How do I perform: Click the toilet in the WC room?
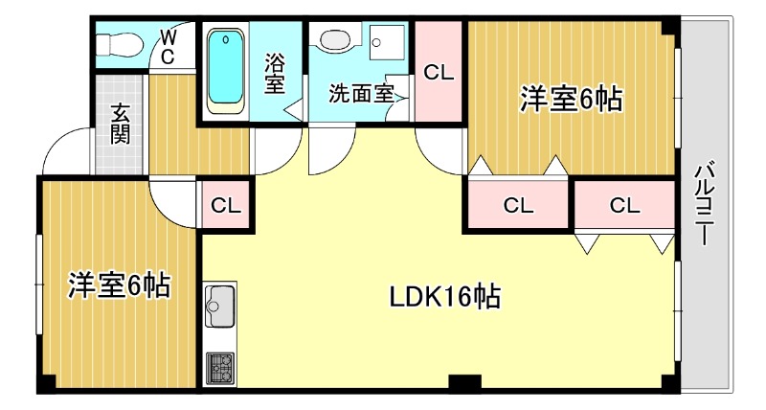pos(119,46)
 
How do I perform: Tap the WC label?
pos(168,46)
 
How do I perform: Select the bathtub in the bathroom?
pos(226,71)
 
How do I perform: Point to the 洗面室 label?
pos(361,93)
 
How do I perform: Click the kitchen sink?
pos(220,305)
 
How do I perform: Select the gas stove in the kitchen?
pos(220,368)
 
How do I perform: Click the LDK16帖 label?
pos(444,297)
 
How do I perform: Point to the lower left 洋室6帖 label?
pos(119,285)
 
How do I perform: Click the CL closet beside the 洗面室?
pos(439,71)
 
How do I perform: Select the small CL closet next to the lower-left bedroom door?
pos(226,205)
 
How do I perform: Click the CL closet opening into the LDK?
pos(624,205)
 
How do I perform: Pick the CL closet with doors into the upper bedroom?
pos(518,205)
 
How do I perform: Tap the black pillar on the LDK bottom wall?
pos(464,380)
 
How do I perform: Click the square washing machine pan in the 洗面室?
pos(387,42)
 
